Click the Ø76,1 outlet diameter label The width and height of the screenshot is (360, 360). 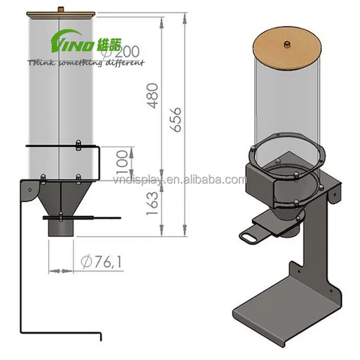[x=102, y=262]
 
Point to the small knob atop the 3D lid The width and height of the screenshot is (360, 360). [x=287, y=44]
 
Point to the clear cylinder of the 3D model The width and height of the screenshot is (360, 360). [x=287, y=106]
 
